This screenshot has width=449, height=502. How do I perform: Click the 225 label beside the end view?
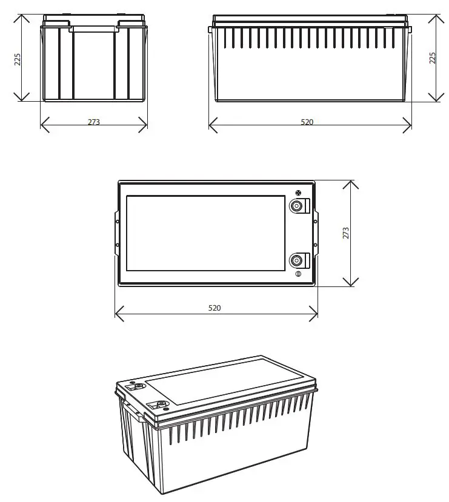tap(18, 59)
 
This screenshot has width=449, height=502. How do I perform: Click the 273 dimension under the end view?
tap(94, 122)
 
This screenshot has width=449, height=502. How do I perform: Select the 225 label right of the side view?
tap(433, 58)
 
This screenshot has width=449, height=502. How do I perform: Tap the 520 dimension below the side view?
tap(308, 122)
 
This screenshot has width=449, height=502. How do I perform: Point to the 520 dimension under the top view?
tap(215, 308)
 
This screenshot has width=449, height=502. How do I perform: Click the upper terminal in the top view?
tap(297, 206)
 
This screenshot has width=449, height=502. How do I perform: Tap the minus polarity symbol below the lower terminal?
tap(298, 276)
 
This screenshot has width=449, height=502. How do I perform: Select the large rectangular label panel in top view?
tap(205, 233)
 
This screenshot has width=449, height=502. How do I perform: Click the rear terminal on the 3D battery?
tap(139, 385)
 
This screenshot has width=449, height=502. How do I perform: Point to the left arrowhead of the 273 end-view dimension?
tap(42, 125)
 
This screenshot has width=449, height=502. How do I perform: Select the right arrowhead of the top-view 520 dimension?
tap(315, 314)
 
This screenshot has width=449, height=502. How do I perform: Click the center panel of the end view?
tap(94, 64)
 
